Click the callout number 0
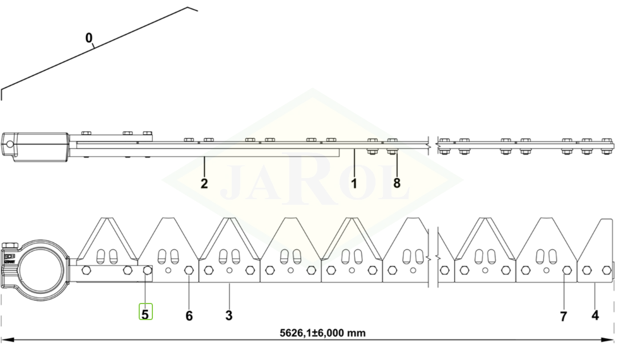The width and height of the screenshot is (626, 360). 88,38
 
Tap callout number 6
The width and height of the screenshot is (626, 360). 189,315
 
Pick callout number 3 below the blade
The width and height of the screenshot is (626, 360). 229,315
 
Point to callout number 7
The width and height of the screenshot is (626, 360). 563,316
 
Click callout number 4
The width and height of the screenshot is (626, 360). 595,315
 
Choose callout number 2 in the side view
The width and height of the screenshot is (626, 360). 204,184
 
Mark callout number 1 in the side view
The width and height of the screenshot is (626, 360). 354,183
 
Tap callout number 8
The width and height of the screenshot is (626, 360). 397,183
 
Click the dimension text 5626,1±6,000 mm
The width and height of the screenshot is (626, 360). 322,333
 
